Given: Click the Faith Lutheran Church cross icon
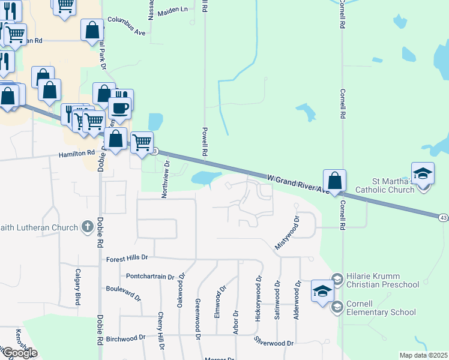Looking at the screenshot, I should click(x=88, y=227).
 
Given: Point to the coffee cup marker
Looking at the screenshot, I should click(x=119, y=108).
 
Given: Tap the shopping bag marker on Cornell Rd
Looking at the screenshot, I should click(x=334, y=180).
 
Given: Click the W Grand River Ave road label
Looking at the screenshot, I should click(x=298, y=183).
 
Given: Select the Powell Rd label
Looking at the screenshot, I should click(x=205, y=142).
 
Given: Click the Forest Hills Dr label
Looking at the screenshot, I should click(x=127, y=259).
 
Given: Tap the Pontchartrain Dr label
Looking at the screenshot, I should click(x=150, y=277).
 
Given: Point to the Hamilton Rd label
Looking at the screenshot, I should click(x=77, y=154).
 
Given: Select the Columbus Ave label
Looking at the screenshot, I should click(x=127, y=24).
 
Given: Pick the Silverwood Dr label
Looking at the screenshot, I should click(x=273, y=343).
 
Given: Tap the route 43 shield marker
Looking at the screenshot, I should click(x=443, y=217).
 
